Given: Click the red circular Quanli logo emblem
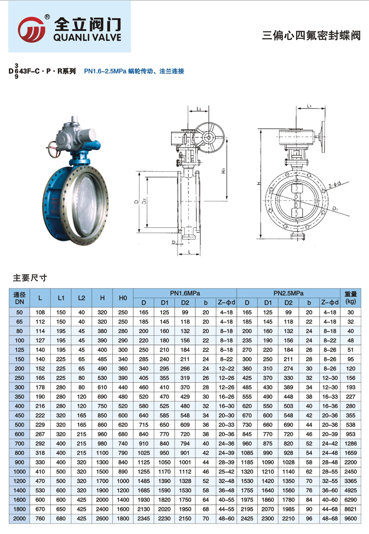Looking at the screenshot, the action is (x=31, y=29).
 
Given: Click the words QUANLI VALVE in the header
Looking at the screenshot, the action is (x=87, y=37).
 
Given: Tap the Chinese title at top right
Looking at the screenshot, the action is (x=311, y=35).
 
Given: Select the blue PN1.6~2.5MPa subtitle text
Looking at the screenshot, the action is (x=134, y=71).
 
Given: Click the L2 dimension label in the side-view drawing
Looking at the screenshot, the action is (x=199, y=109).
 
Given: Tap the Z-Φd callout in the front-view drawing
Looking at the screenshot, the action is (x=335, y=185).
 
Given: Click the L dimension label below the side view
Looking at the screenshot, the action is (x=189, y=252).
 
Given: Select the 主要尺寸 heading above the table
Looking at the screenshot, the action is (x=30, y=278).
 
